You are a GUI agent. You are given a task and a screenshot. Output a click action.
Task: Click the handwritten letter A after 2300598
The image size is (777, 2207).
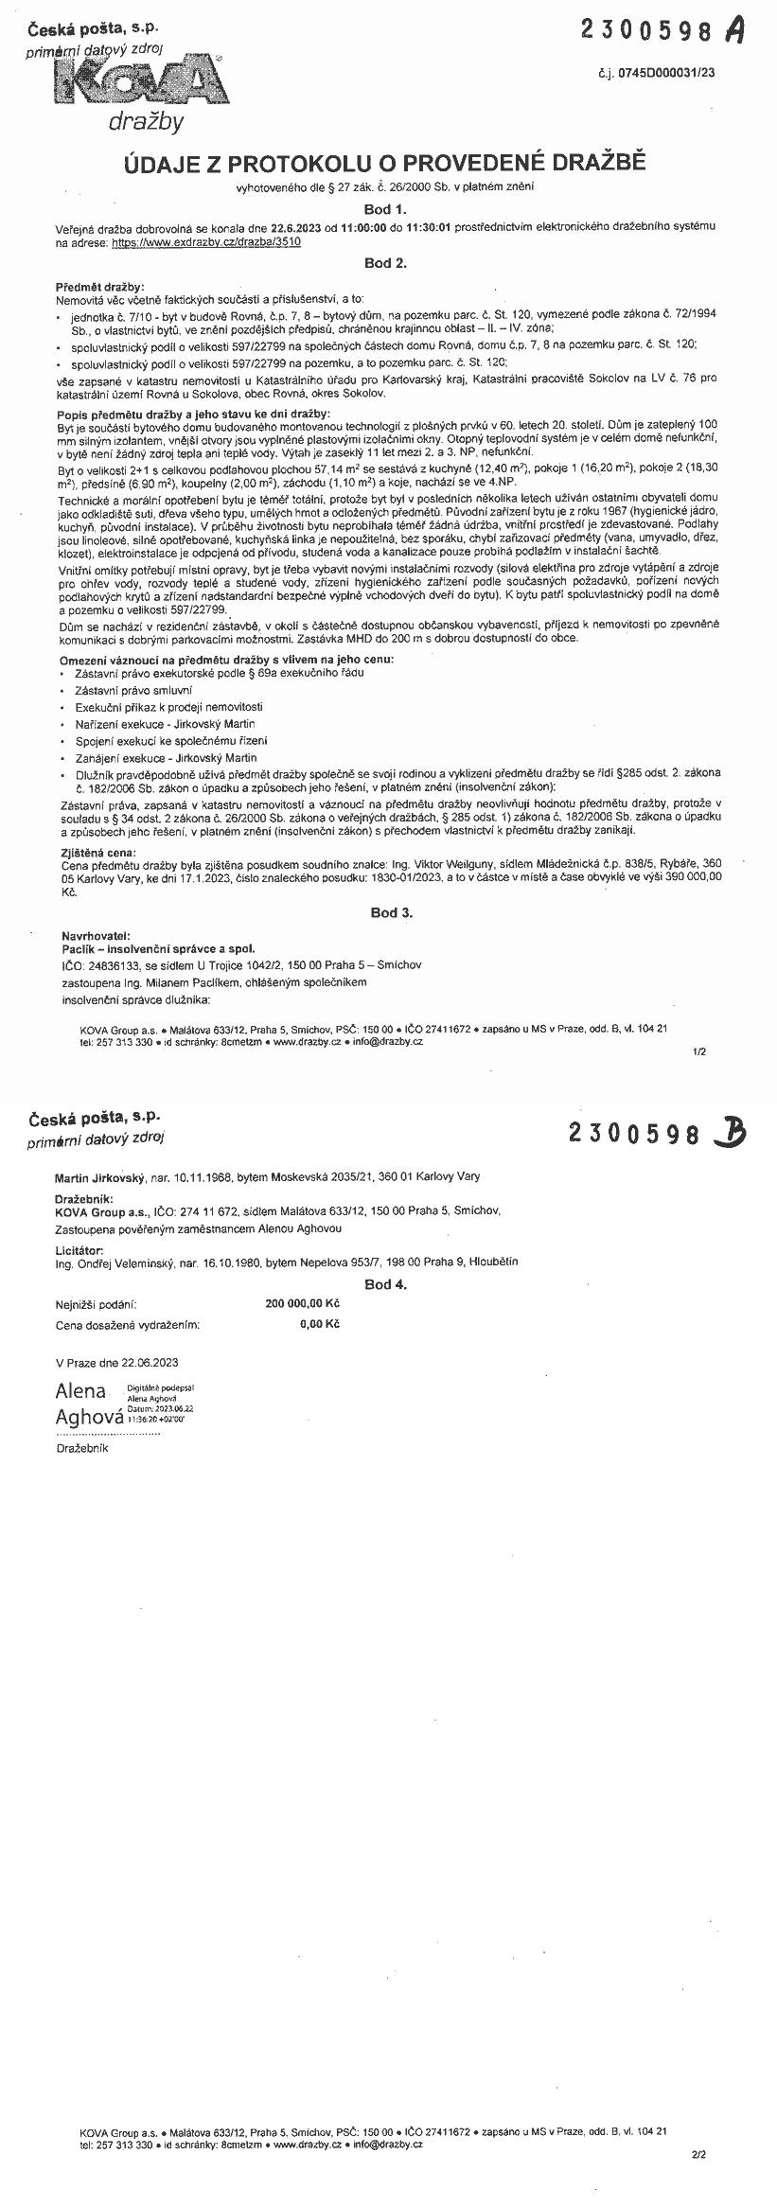click(734, 31)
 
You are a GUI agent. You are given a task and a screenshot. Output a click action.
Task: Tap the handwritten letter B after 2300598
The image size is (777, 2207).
click(730, 1132)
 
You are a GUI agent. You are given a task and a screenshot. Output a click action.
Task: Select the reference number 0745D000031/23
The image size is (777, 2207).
click(682, 72)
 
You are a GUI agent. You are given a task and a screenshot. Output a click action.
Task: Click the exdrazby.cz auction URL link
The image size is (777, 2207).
click(206, 242)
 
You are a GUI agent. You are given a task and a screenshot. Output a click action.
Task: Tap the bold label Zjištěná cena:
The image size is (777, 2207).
click(93, 853)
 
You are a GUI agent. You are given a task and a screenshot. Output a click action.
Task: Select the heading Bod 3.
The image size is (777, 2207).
click(391, 912)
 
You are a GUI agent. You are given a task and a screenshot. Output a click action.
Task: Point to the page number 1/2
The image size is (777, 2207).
click(699, 1051)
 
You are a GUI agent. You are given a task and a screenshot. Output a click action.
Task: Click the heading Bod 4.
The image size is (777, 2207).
click(385, 1284)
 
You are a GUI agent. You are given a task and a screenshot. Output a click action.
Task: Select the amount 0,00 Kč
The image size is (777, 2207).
click(319, 1324)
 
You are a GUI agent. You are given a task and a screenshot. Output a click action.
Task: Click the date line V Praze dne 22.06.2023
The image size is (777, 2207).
click(117, 1362)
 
